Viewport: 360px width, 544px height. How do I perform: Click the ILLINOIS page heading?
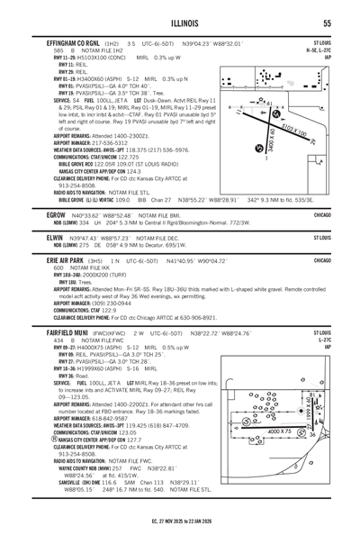pyautogui.click(x=180, y=23)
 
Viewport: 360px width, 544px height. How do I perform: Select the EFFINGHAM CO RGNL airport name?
pyautogui.click(x=61, y=42)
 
